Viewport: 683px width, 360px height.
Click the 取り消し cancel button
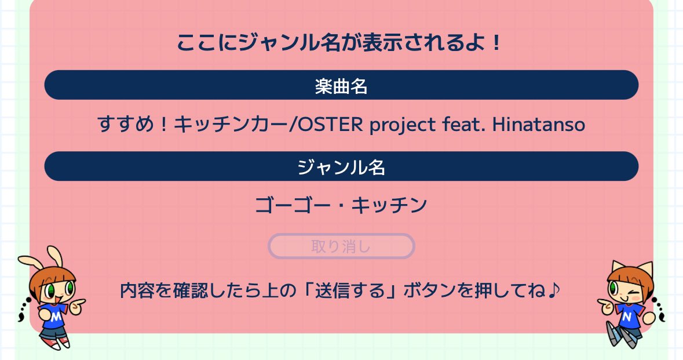pyautogui.click(x=341, y=246)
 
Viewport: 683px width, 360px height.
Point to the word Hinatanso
pyautogui.click(x=539, y=124)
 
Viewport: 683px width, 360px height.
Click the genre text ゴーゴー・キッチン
pyautogui.click(x=341, y=205)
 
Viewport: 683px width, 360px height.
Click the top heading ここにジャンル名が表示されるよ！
pyautogui.click(x=339, y=43)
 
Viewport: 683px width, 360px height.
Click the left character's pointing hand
pyautogui.click(x=80, y=302)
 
